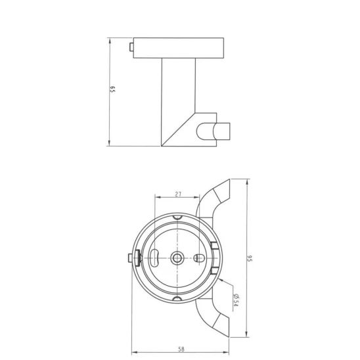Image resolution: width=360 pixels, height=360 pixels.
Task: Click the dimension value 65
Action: (x=113, y=91)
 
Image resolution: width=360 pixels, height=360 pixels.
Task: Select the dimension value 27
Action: (x=178, y=194)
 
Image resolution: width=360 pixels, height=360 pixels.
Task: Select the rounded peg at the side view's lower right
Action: (x=219, y=130)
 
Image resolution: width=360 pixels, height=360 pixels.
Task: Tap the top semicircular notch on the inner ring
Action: (x=178, y=217)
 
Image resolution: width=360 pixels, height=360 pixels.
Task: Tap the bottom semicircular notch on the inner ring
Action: (x=178, y=300)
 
